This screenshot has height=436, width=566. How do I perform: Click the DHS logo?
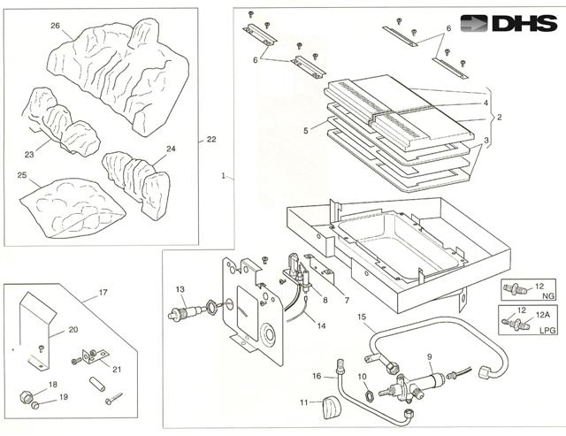509,25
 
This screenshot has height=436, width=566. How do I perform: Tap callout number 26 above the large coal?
55,26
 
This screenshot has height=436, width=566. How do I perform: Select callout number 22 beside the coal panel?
211,139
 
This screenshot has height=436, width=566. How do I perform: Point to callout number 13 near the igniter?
180,290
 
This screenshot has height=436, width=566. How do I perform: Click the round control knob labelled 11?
334,408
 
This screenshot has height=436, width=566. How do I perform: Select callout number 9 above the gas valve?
429,357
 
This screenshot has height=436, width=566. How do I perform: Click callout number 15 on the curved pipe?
361,317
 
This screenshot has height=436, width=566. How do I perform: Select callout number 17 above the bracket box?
103,292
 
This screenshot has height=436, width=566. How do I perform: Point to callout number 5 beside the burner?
305,130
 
